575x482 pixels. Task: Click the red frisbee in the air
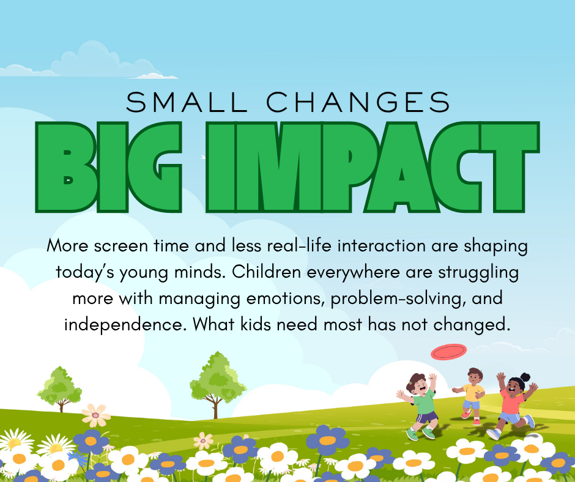click(x=448, y=352)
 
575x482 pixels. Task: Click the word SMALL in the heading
click(x=187, y=102)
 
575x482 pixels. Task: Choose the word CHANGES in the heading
click(x=358, y=102)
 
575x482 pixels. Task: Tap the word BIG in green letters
click(x=109, y=167)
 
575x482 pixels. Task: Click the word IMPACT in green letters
click(x=373, y=167)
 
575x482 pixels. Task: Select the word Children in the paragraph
click(x=267, y=272)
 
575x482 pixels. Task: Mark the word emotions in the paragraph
click(x=285, y=298)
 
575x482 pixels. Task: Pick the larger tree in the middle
click(x=218, y=384)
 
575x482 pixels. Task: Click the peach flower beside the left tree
click(x=95, y=415)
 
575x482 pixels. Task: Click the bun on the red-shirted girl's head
click(x=525, y=377)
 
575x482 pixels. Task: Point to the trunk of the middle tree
click(x=215, y=407)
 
